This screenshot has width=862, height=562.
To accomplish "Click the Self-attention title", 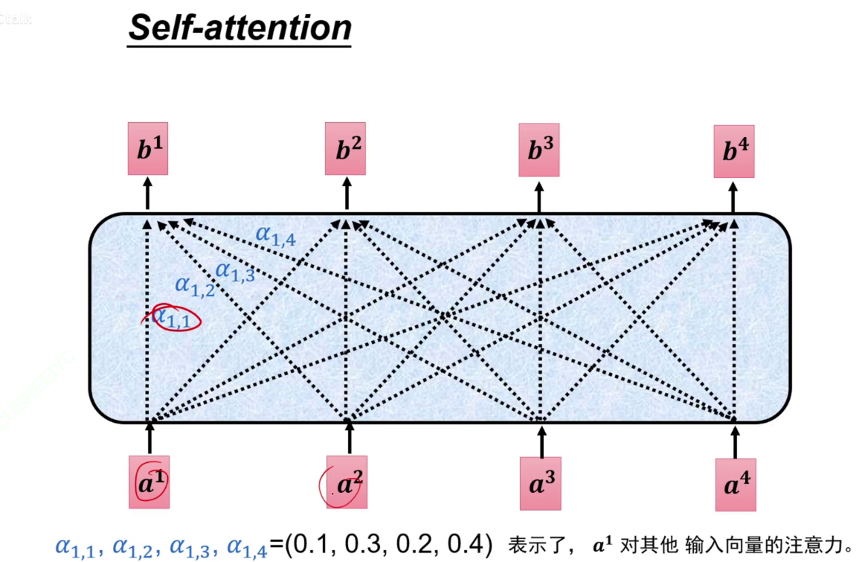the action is pos(239,28).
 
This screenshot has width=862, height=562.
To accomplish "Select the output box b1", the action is pos(147,149).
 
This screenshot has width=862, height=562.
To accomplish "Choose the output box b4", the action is pos(734,151).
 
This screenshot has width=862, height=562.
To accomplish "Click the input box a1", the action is pos(149,482).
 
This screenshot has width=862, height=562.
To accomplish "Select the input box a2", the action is pos(347,484).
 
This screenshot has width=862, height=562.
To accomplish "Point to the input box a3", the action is pos(541,485).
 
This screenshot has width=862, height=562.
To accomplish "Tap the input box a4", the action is pos(736,485).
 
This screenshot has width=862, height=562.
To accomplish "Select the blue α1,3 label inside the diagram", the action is pos(235,272).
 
